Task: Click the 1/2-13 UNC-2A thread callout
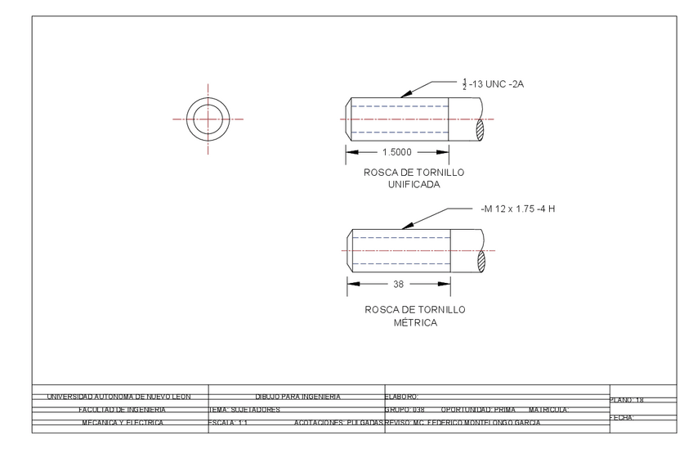pyautogui.click(x=497, y=83)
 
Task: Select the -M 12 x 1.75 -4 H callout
pyautogui.click(x=519, y=209)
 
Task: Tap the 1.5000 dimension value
pyautogui.click(x=396, y=151)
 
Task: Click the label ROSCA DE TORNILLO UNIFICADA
pyautogui.click(x=414, y=178)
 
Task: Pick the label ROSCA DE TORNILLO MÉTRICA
pyautogui.click(x=414, y=316)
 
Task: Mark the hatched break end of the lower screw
pyautogui.click(x=481, y=260)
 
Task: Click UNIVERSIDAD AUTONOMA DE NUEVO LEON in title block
pyautogui.click(x=118, y=397)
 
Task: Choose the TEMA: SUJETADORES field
pyautogui.click(x=245, y=409)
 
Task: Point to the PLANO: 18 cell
pyautogui.click(x=628, y=401)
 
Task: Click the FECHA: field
pyautogui.click(x=623, y=417)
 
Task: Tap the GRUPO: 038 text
pyautogui.click(x=404, y=409)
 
